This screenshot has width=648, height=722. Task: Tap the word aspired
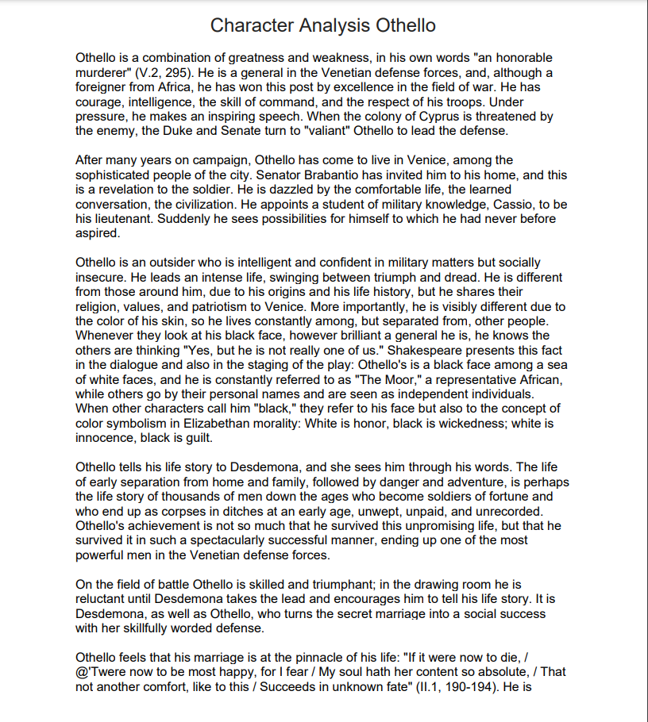tap(97, 233)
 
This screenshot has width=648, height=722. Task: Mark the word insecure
tap(101, 277)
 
